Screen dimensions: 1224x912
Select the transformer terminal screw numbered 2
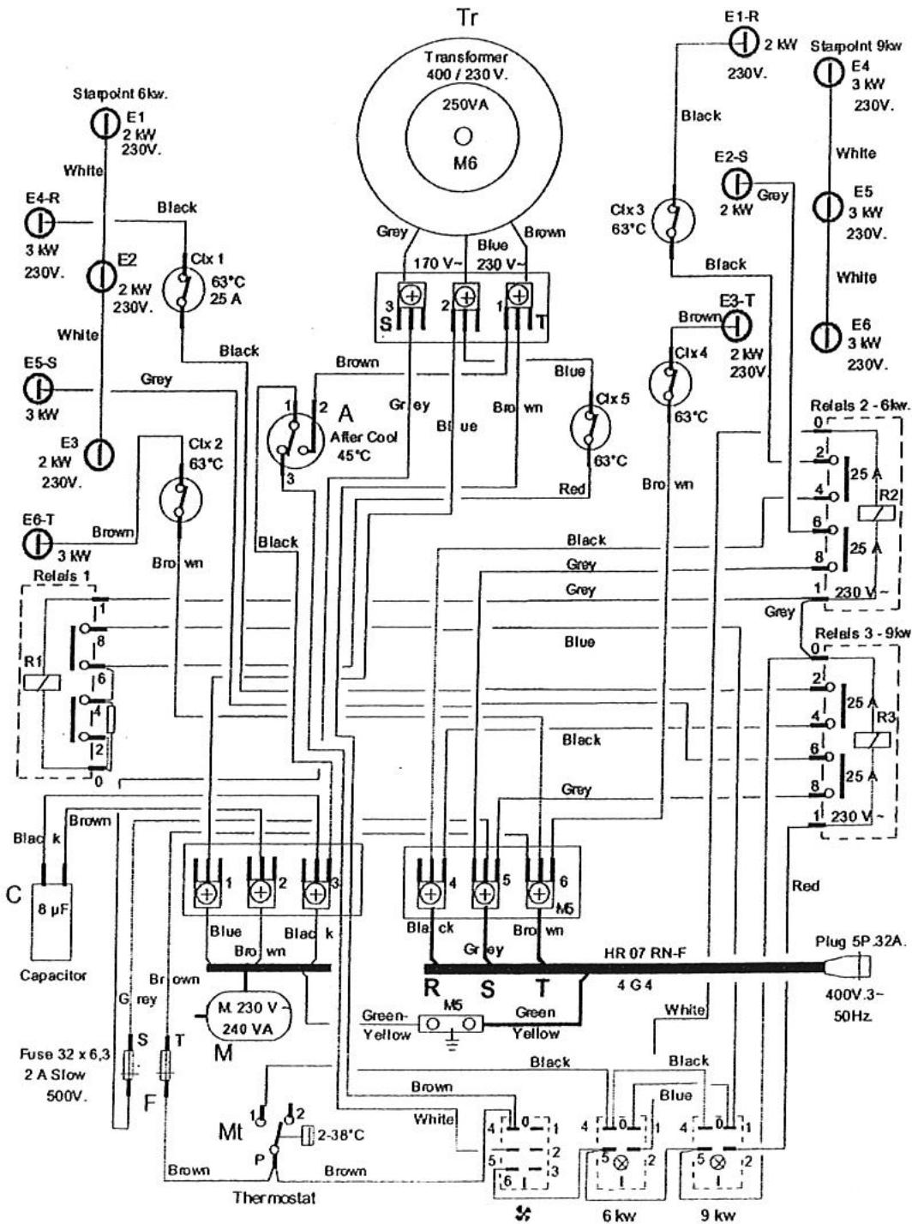click(465, 297)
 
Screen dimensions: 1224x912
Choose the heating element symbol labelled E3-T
click(738, 325)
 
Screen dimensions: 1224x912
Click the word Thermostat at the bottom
click(273, 1197)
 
